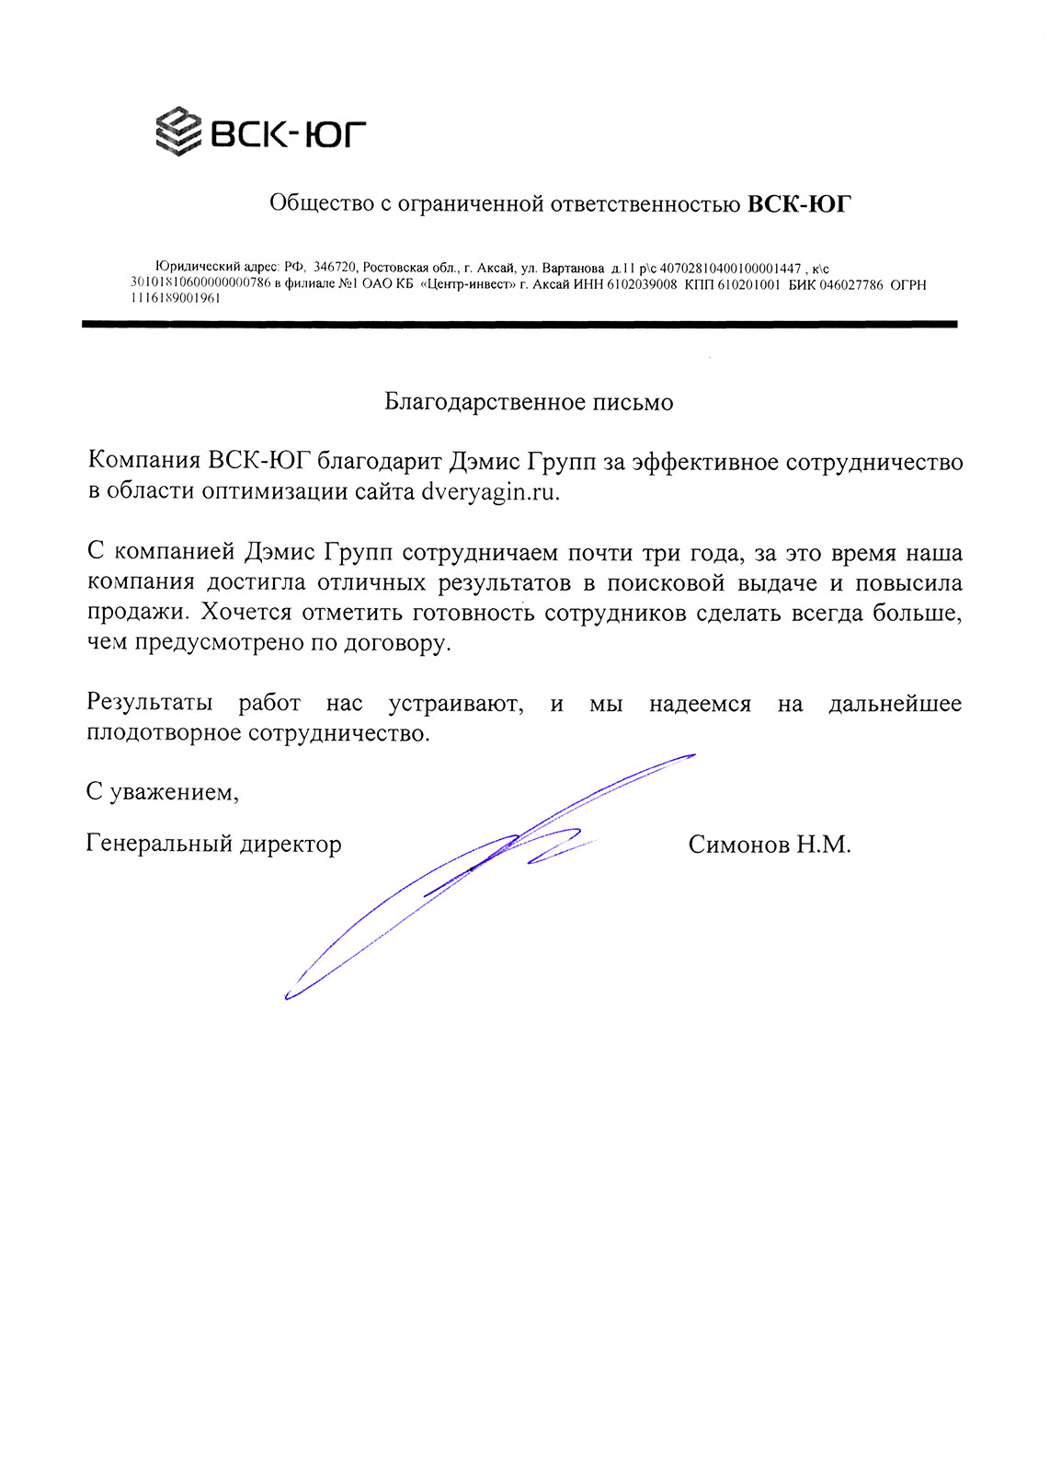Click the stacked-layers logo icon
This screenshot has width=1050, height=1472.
(x=178, y=131)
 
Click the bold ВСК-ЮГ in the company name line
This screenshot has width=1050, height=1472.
(x=799, y=203)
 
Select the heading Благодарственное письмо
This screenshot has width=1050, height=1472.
(x=529, y=402)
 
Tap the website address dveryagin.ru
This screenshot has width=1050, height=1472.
(x=490, y=491)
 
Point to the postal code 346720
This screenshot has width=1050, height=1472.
(x=335, y=268)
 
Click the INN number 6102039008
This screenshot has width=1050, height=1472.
(x=642, y=284)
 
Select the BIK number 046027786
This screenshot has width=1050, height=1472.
(x=850, y=284)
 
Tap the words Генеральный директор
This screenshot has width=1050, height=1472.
(x=213, y=844)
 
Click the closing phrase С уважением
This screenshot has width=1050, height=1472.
(x=163, y=792)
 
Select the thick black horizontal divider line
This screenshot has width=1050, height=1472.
(x=519, y=324)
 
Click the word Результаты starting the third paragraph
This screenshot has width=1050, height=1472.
(x=150, y=704)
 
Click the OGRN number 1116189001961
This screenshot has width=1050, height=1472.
(x=176, y=298)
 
